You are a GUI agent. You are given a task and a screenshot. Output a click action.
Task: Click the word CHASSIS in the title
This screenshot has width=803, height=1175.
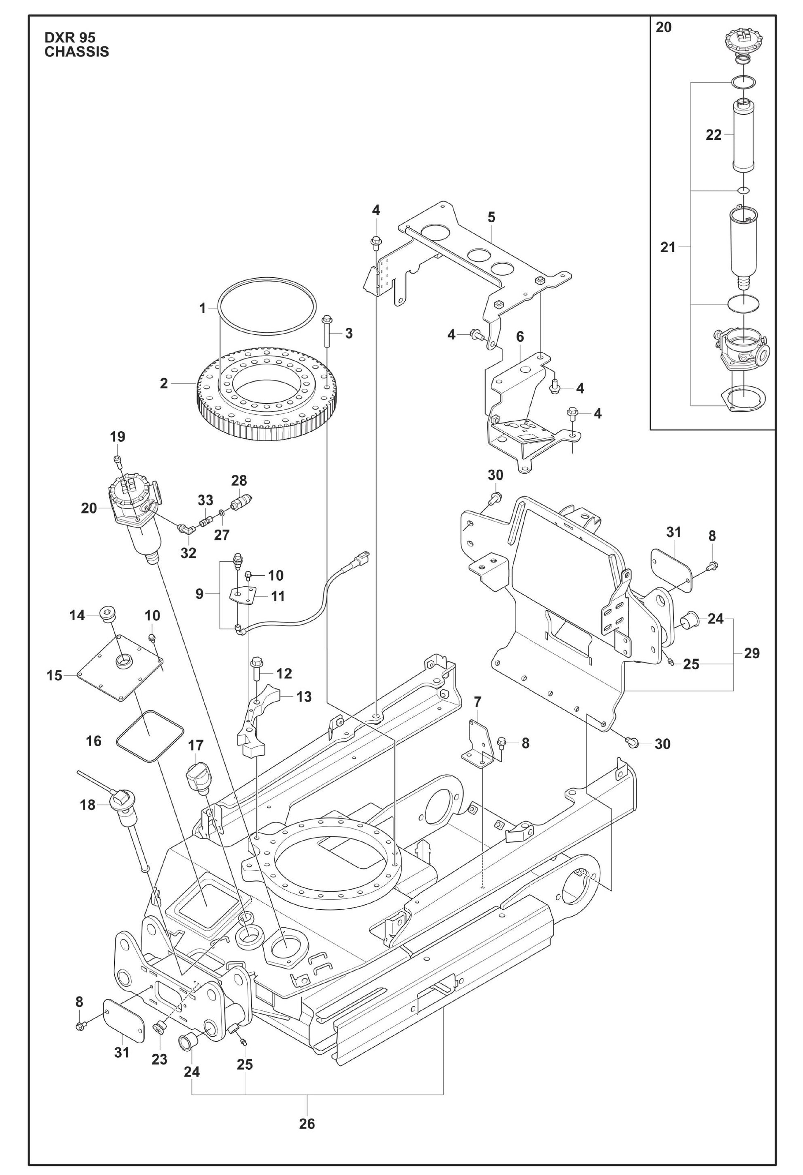pyautogui.click(x=77, y=52)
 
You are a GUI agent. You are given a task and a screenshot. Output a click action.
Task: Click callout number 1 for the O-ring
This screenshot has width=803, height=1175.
pyautogui.click(x=203, y=308)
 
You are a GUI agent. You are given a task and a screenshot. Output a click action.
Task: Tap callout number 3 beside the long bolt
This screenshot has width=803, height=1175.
pyautogui.click(x=349, y=334)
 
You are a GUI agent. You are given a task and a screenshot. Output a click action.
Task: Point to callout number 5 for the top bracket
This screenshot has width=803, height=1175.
pyautogui.click(x=491, y=218)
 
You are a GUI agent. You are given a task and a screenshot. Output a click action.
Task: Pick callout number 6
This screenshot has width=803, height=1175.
pyautogui.click(x=520, y=337)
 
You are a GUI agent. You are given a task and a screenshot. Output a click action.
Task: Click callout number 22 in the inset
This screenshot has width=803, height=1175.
pyautogui.click(x=713, y=135)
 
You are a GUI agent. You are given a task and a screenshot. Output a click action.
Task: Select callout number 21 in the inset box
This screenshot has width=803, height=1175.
pyautogui.click(x=668, y=248)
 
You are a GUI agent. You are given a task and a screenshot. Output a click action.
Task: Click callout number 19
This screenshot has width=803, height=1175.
pyautogui.click(x=118, y=437)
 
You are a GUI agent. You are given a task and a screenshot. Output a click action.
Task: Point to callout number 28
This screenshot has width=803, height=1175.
pyautogui.click(x=239, y=480)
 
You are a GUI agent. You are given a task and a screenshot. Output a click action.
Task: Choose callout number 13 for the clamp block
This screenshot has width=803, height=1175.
pyautogui.click(x=304, y=697)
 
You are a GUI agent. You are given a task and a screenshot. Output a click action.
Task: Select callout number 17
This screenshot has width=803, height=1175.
pyautogui.click(x=196, y=745)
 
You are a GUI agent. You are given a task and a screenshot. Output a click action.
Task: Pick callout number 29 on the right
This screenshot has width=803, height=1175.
pyautogui.click(x=751, y=653)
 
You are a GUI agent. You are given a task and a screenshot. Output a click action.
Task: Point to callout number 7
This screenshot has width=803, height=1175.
pyautogui.click(x=477, y=702)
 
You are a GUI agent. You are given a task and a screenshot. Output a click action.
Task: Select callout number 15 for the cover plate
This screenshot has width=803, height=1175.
pyautogui.click(x=54, y=676)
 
